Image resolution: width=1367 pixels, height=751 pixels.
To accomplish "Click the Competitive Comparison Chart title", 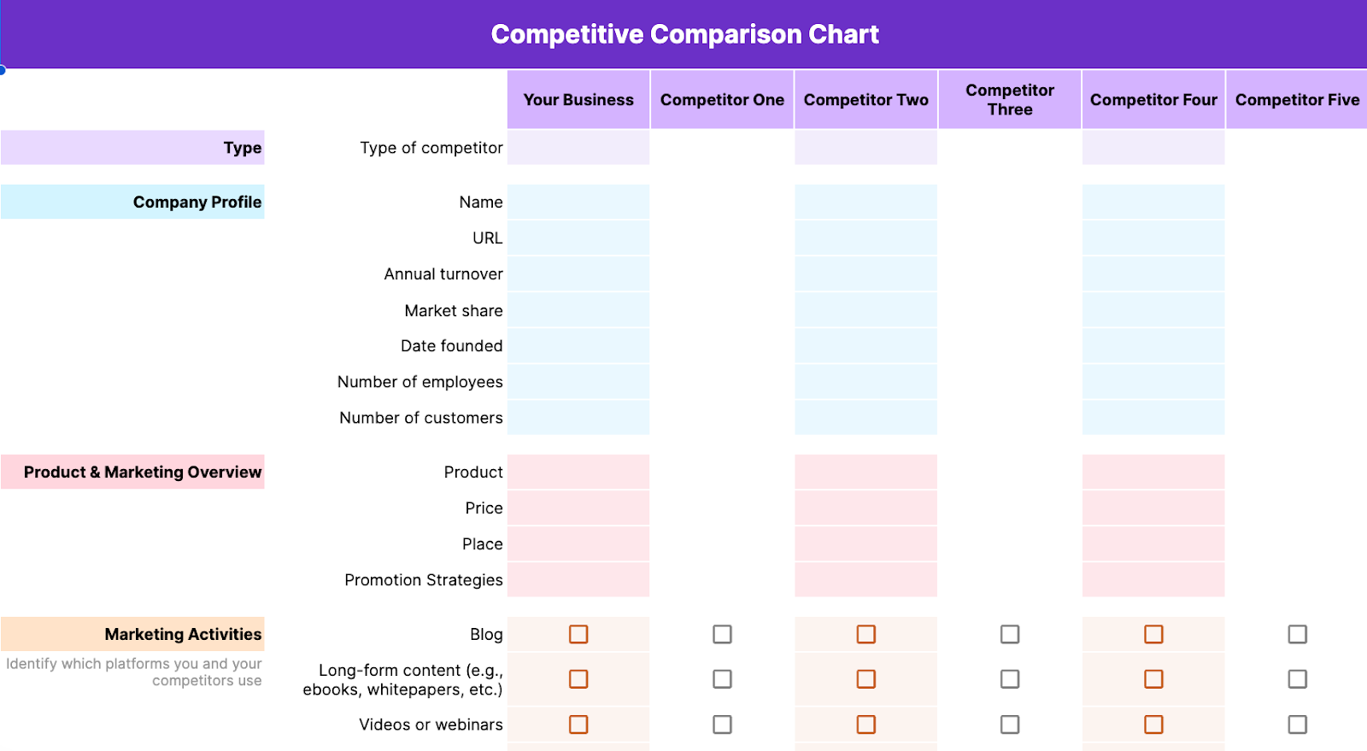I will tap(684, 34).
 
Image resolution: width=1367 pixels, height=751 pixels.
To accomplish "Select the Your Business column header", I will tap(578, 100).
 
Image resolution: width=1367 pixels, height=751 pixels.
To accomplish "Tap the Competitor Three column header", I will tap(1010, 100).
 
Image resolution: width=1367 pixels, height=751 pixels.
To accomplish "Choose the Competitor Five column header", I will tap(1297, 100).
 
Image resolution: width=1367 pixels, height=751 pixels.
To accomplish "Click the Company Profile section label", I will tap(197, 202).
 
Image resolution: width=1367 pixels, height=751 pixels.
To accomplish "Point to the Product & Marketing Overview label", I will tap(143, 472).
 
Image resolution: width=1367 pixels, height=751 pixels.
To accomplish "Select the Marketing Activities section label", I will tap(183, 635).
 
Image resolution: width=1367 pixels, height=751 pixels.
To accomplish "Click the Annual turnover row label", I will tap(443, 274).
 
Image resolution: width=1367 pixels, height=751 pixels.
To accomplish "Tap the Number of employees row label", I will tap(420, 382).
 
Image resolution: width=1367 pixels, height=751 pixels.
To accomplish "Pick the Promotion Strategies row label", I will tap(424, 580).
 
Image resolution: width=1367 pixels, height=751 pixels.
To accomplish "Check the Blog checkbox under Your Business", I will tap(578, 634).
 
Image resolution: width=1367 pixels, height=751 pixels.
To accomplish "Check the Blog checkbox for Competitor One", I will tap(722, 634).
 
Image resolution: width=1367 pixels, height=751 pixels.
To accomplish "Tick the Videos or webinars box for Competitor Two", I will tap(866, 725).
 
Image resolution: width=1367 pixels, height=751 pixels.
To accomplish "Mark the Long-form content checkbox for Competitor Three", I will tap(1010, 679).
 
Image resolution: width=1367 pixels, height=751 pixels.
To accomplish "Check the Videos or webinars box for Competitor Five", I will tap(1297, 725).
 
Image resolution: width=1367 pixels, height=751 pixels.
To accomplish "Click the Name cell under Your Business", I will tap(578, 202).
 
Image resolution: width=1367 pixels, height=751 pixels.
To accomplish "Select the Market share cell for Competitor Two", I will tap(866, 310).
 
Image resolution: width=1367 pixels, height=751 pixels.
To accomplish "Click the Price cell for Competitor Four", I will tap(1153, 508).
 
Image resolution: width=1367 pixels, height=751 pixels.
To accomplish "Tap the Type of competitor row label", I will tap(431, 148).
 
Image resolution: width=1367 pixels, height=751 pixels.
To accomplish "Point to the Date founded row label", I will tap(452, 346).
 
